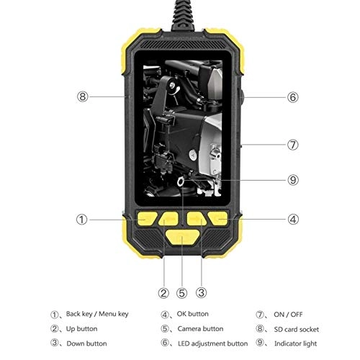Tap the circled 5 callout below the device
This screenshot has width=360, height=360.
pos(183,292)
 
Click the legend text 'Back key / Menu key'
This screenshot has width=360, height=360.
pos(97,314)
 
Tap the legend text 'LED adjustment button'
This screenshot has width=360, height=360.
pos(213,343)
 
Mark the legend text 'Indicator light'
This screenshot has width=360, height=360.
pos(296,343)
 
